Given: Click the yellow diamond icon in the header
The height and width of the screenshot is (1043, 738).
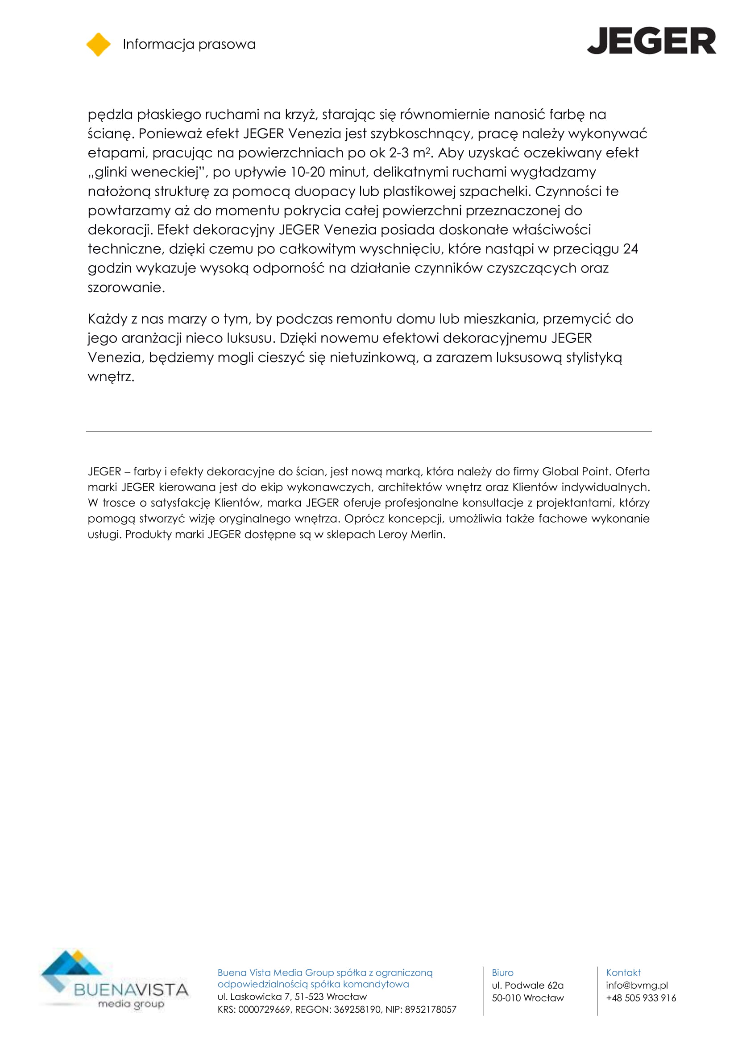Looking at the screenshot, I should click(98, 45).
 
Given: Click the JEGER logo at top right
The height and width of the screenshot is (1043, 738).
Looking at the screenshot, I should click(651, 41).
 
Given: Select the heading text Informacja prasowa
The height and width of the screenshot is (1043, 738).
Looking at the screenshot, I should click(189, 44).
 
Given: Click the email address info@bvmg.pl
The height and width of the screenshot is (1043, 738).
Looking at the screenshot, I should click(637, 985).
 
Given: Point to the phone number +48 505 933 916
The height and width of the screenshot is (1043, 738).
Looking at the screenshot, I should click(641, 998).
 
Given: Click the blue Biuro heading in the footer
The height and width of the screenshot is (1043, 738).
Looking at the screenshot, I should click(502, 972).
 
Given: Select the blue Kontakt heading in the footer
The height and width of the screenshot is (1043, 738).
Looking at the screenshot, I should click(623, 972).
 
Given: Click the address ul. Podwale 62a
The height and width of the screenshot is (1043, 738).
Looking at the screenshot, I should click(527, 985).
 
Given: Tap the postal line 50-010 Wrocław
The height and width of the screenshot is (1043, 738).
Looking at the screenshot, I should click(527, 998).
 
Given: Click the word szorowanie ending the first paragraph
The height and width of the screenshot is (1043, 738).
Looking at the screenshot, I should click(125, 288).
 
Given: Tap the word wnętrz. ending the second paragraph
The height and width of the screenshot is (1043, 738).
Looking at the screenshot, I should click(111, 377).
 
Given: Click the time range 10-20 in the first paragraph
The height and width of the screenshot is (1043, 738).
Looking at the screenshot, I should click(307, 172).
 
